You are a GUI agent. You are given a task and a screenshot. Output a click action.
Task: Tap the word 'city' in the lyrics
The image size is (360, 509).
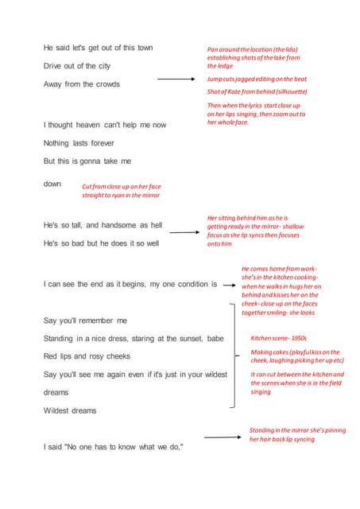coord(102,66)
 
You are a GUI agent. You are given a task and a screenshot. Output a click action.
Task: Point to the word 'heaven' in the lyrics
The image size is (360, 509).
coord(98,125)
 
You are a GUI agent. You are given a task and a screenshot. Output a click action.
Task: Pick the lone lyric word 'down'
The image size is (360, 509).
coord(52,184)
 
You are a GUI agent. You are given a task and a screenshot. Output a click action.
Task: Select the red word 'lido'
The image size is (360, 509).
coord(287,49)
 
